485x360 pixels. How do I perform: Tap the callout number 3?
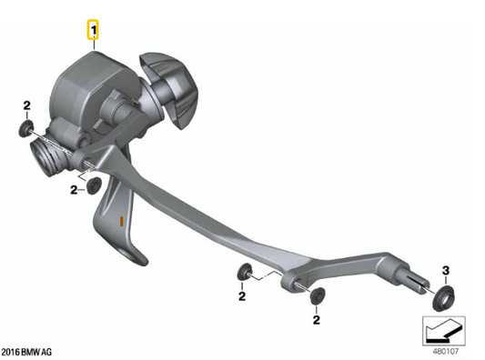446,270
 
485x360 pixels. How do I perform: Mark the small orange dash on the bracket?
121,220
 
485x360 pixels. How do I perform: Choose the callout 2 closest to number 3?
316,319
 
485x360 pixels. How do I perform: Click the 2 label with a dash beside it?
75,190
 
